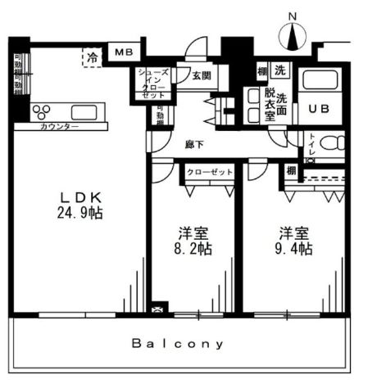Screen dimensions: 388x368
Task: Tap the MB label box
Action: pos(123,52)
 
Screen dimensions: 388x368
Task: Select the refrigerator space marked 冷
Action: pos(93,56)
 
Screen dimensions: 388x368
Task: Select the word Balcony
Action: pos(178,344)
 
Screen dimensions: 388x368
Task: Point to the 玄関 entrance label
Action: pos(202,77)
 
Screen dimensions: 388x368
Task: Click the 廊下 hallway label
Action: pos(194,144)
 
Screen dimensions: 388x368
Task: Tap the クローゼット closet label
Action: pos(208,173)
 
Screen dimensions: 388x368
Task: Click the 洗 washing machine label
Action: pos(280,70)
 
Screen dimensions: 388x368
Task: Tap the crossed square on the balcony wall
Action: pos(157,311)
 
